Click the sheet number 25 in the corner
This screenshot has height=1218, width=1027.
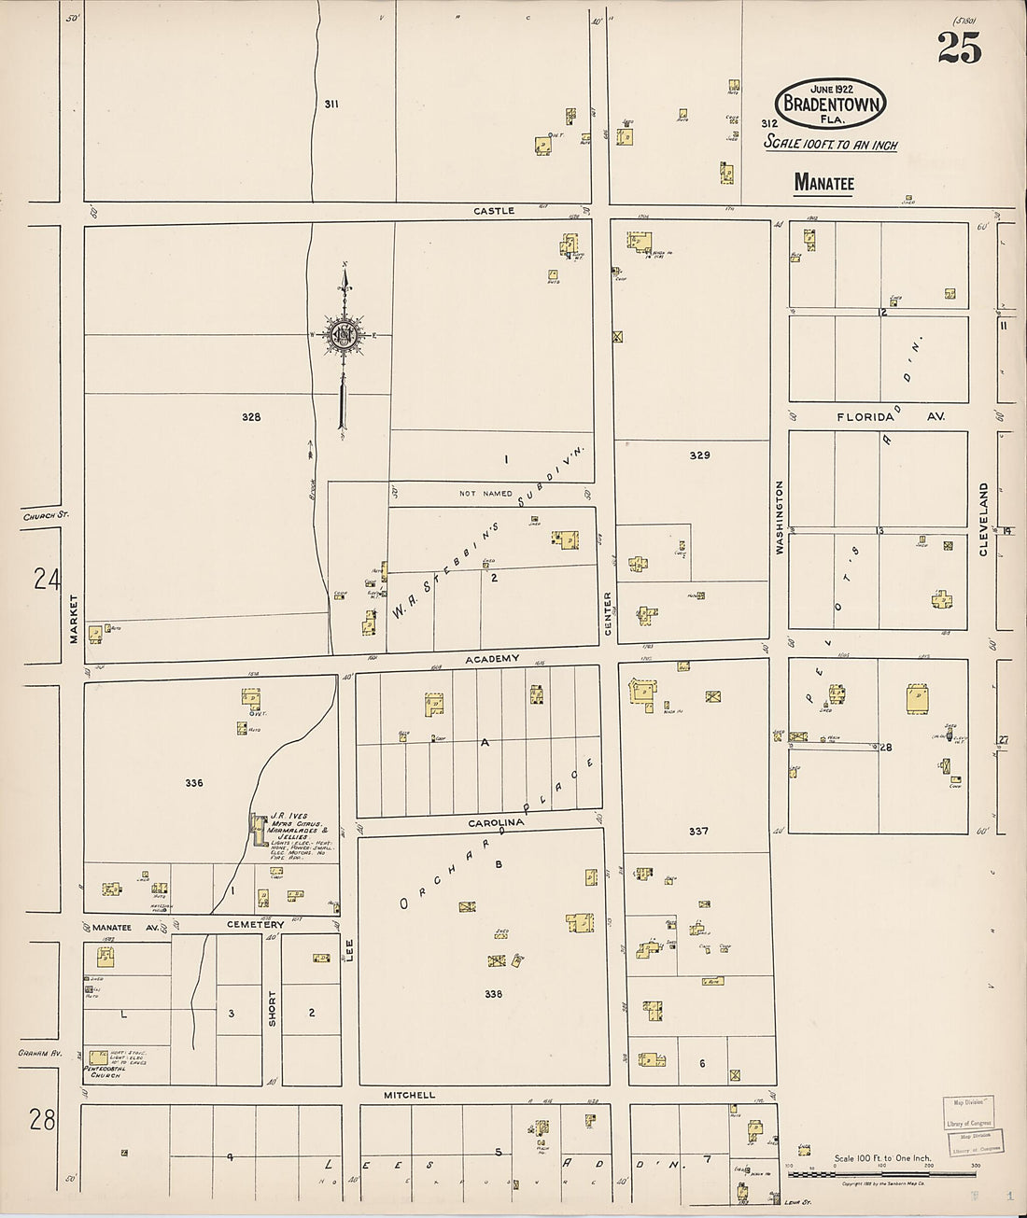(x=961, y=46)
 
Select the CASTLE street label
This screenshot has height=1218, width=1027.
(x=493, y=211)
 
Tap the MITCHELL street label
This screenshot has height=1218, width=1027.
(x=409, y=1094)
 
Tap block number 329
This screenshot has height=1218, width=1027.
(x=699, y=455)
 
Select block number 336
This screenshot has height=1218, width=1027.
(x=193, y=783)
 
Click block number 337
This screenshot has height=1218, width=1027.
(x=698, y=831)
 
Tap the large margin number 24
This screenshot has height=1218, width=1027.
(x=43, y=581)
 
